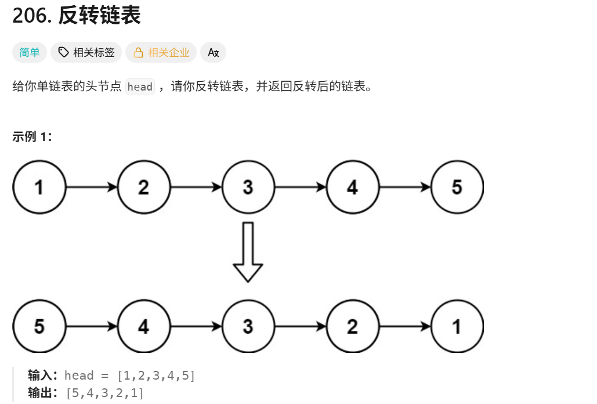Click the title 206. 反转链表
[77, 16]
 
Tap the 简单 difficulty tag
[30, 52]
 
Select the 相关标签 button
[86, 52]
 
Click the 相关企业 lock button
[161, 52]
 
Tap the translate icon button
[213, 52]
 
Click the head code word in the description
[140, 87]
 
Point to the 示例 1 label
[32, 137]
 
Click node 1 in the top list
[39, 187]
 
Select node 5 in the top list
[457, 187]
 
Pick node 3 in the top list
[248, 187]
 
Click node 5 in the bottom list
[39, 326]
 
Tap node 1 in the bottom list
[457, 326]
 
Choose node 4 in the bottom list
[143, 326]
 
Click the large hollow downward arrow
[248, 252]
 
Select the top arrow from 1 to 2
[91, 187]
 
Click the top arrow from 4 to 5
[404, 187]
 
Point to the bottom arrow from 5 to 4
[91, 326]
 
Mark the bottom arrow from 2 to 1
[404, 326]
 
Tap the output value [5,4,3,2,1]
[105, 393]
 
